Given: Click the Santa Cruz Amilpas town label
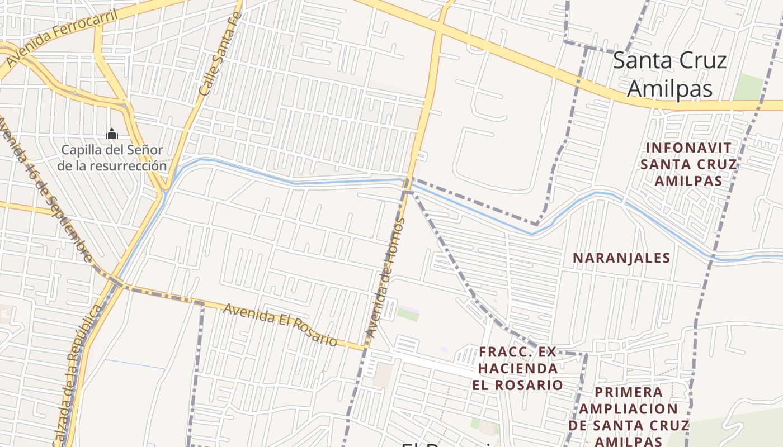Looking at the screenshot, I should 669,74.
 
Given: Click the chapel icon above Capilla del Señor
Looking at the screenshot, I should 112,134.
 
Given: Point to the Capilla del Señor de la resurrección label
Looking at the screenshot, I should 112,158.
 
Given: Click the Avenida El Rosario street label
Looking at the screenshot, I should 280,325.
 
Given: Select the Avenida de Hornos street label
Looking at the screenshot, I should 385,277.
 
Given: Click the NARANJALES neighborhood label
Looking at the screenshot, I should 621,258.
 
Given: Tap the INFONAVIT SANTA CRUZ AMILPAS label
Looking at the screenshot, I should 688,164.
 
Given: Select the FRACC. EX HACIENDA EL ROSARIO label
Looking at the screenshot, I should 518,368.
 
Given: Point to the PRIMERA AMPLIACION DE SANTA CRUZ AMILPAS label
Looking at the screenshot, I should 629,417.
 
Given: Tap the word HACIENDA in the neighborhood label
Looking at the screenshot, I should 518,368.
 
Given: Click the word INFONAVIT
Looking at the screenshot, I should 688,148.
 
